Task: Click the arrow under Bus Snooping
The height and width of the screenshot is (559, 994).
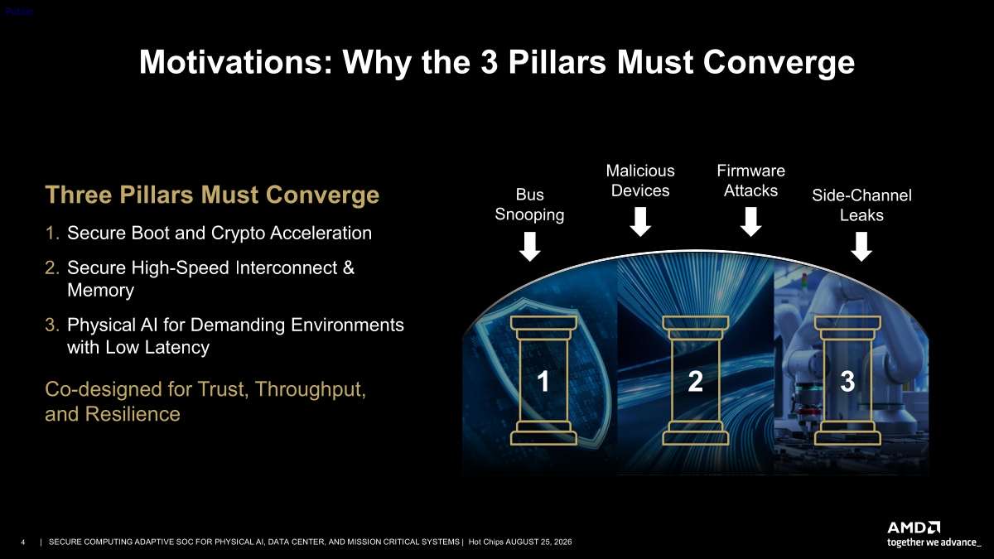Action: coord(529,247)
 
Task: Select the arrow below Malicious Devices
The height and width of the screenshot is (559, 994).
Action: coord(640,222)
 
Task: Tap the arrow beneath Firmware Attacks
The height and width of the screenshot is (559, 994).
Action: coord(750,222)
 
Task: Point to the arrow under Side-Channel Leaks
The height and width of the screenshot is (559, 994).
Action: coord(861,247)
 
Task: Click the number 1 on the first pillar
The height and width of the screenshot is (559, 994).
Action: coord(543,381)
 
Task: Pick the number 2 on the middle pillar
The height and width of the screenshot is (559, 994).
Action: coord(695,381)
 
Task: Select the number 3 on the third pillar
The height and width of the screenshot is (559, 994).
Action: coord(847,381)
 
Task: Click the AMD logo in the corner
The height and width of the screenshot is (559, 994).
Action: coord(914,528)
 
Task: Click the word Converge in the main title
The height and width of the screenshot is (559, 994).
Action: coord(779,63)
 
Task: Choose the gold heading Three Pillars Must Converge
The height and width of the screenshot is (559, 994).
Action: coord(212,195)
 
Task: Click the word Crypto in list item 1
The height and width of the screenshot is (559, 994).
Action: coord(238,234)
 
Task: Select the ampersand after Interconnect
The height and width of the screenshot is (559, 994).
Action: coord(349,267)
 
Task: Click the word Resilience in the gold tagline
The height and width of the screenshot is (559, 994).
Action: coord(133,414)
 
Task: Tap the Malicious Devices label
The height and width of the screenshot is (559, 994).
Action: coord(640,181)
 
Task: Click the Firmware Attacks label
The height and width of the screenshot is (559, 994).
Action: coord(750,181)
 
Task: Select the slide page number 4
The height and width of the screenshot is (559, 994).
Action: coord(23,542)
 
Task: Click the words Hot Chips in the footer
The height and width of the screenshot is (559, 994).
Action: coord(486,542)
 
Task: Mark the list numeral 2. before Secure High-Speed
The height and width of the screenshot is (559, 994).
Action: coord(52,267)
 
